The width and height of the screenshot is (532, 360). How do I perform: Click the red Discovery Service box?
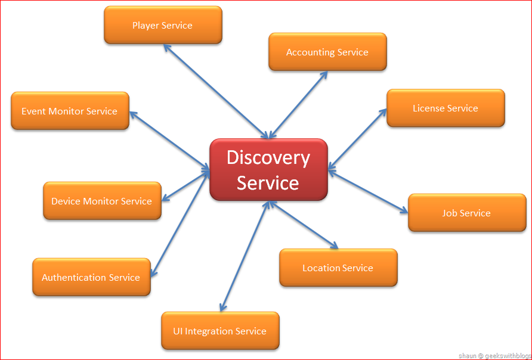pos(268,170)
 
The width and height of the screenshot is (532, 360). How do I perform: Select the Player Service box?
pos(163,25)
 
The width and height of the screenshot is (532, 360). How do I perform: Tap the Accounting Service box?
pos(327,52)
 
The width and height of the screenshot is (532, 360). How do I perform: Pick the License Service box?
pos(446,108)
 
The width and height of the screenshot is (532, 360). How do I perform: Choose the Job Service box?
pos(466,213)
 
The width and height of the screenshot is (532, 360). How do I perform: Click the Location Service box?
pos(338,268)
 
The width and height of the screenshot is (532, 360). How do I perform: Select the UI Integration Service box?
pos(220,331)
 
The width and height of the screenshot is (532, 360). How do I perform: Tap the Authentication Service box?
pos(91,277)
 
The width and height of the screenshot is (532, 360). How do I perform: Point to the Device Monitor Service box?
pos(102,201)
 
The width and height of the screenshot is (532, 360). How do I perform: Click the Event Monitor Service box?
pos(70,111)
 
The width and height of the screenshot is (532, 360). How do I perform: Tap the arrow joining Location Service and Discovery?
pos(303,224)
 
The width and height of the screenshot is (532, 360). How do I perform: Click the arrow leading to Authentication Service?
pos(179,224)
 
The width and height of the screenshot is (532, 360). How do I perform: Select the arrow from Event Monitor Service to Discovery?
pos(169,141)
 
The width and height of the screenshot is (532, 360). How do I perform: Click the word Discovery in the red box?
pos(268,158)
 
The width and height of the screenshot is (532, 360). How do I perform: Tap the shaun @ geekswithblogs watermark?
pos(494,355)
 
